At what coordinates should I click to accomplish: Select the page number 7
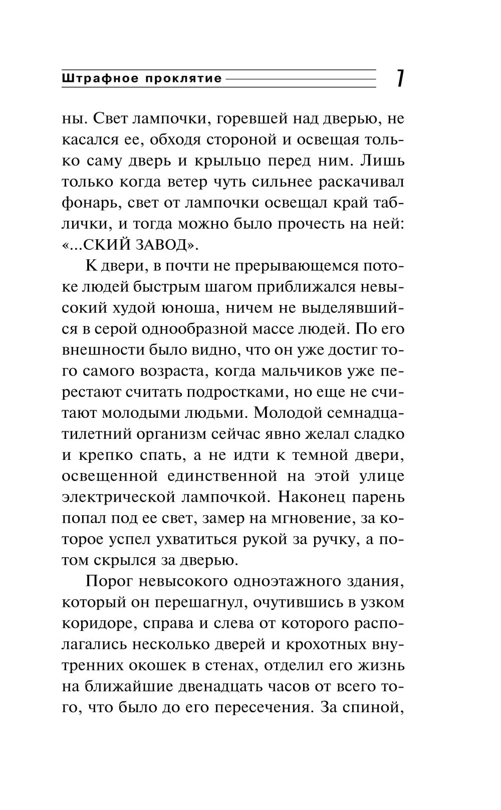click(x=400, y=79)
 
